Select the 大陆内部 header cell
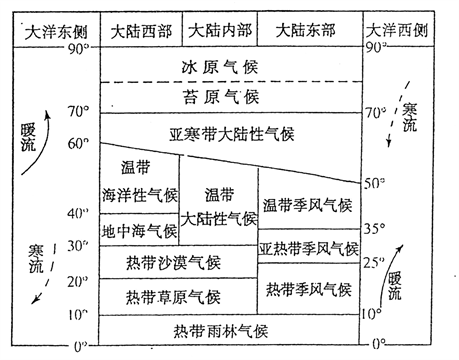pyautogui.click(x=229, y=31)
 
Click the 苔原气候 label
pyautogui.click(x=229, y=97)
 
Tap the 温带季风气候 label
pyautogui.click(x=308, y=207)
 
